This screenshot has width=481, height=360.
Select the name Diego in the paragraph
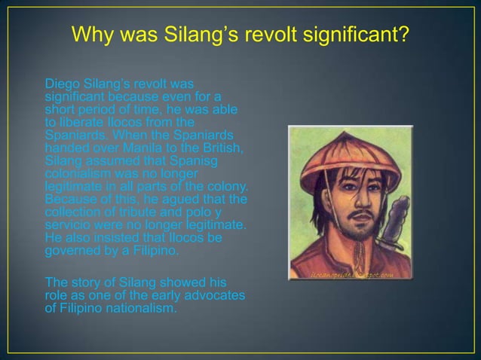coord(60,82)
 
